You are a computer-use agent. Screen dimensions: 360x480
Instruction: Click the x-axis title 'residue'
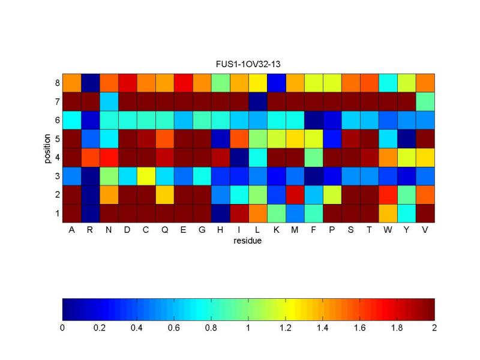248,242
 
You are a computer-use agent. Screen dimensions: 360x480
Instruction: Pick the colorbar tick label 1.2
286,328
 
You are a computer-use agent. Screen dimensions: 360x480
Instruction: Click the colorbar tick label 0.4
137,328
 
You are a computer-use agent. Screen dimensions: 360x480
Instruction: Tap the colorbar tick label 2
434,328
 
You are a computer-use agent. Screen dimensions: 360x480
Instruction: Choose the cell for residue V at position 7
425,101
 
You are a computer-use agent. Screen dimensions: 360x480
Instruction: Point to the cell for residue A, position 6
72,120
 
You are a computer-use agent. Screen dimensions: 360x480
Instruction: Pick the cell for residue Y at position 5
407,139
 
